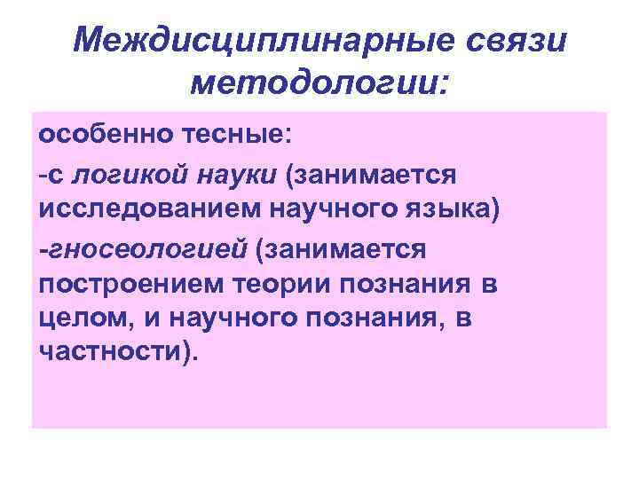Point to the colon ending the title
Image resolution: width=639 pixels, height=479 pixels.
444,86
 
